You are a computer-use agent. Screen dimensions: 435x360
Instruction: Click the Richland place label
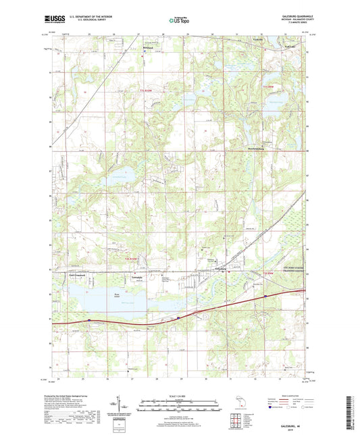(x=148, y=48)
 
